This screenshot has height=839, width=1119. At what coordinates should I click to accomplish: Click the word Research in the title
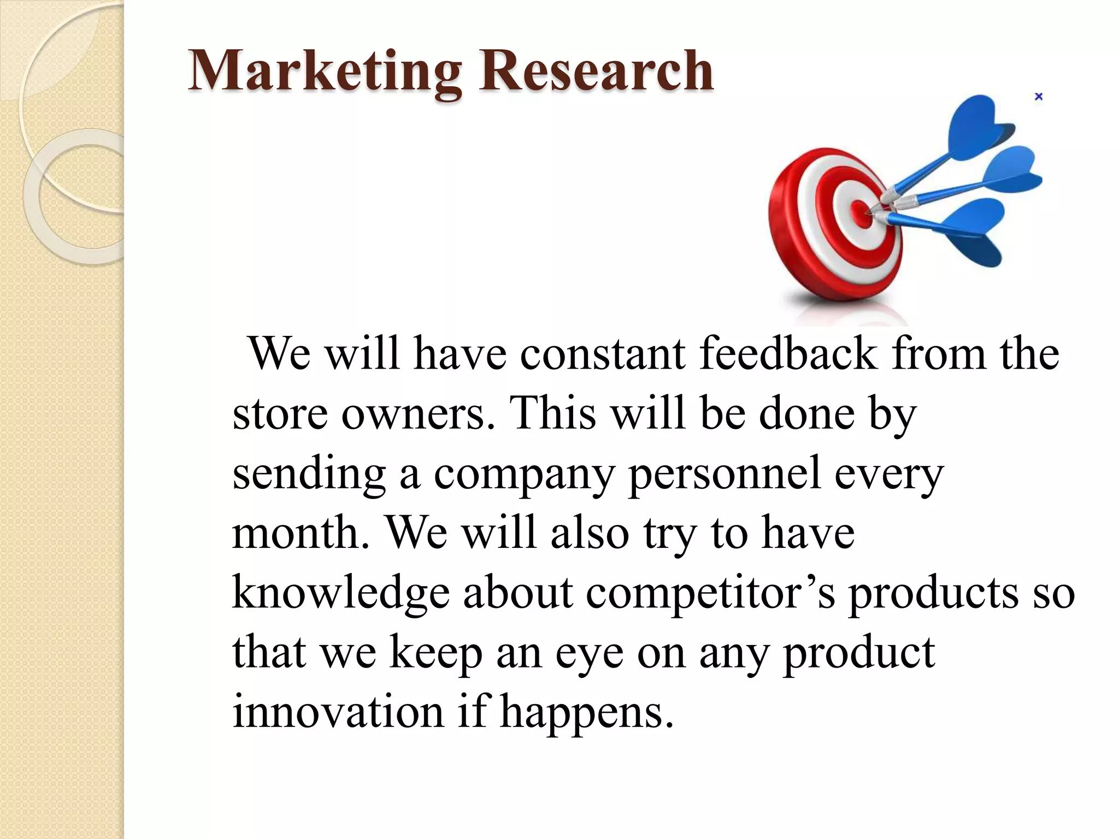pyautogui.click(x=596, y=71)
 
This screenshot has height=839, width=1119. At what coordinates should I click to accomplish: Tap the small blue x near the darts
pyautogui.click(x=1039, y=97)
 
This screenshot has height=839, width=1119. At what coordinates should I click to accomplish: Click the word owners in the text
pyautogui.click(x=419, y=413)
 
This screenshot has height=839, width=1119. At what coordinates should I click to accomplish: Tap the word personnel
pyautogui.click(x=725, y=473)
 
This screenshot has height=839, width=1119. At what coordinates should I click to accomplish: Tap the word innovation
pyautogui.click(x=338, y=712)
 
